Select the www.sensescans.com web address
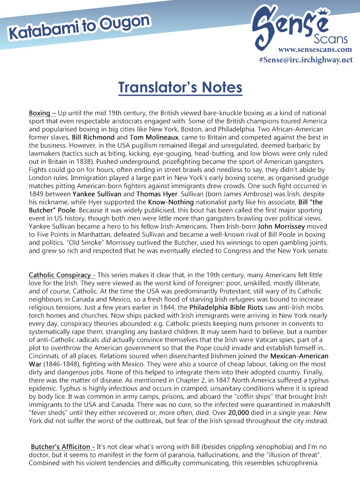coord(315,49)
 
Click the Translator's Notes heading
coord(180,87)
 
